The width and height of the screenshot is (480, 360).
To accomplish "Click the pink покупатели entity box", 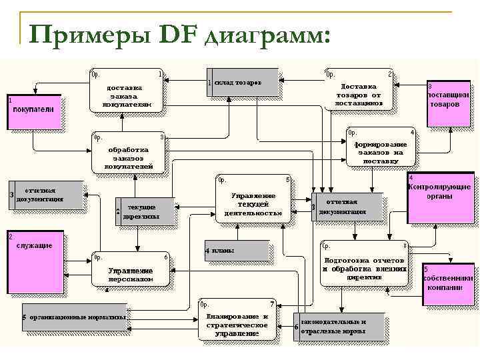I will pos(34,111).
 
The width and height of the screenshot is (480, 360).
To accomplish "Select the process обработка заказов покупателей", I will pos(128,155).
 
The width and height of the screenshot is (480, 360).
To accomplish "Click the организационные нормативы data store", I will pos(75,318).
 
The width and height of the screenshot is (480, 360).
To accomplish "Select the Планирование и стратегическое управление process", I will pos(237,321).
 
